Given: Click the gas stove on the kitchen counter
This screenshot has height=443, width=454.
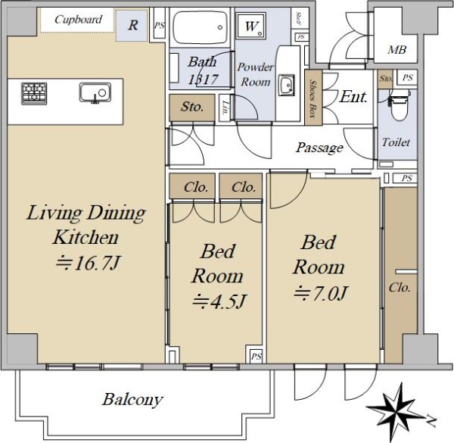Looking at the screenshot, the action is pyautogui.click(x=34, y=94).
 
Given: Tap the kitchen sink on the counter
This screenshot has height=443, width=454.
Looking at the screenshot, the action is pyautogui.click(x=95, y=93).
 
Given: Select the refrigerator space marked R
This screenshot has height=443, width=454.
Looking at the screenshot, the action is pyautogui.click(x=132, y=25).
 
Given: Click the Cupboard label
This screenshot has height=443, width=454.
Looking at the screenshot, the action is pyautogui.click(x=78, y=20).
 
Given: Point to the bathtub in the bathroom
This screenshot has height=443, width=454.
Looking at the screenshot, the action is pyautogui.click(x=200, y=27).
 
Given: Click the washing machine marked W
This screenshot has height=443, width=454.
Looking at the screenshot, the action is pyautogui.click(x=250, y=26).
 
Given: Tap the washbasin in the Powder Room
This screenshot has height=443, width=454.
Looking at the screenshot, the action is pyautogui.click(x=286, y=85).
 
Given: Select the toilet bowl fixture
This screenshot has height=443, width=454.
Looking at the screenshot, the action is pyautogui.click(x=400, y=105).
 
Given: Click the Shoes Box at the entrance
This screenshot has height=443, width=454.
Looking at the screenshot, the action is pyautogui.click(x=313, y=98).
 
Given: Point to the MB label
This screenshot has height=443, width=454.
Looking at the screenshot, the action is pyautogui.click(x=397, y=50).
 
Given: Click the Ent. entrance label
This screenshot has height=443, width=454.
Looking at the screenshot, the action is pyautogui.click(x=353, y=97).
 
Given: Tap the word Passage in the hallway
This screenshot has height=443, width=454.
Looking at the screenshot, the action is pyautogui.click(x=319, y=148).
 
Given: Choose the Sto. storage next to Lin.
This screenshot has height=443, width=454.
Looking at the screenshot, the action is pyautogui.click(x=192, y=108).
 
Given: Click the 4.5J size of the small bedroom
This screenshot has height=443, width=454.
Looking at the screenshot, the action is pyautogui.click(x=219, y=301).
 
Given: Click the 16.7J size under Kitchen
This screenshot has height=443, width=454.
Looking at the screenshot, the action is pyautogui.click(x=88, y=263).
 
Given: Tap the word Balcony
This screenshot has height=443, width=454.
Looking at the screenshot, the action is pyautogui.click(x=132, y=400).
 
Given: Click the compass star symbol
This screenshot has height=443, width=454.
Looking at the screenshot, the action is pyautogui.click(x=395, y=409).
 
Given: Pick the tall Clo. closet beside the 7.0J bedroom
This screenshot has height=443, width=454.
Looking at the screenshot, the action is pyautogui.click(x=401, y=275).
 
